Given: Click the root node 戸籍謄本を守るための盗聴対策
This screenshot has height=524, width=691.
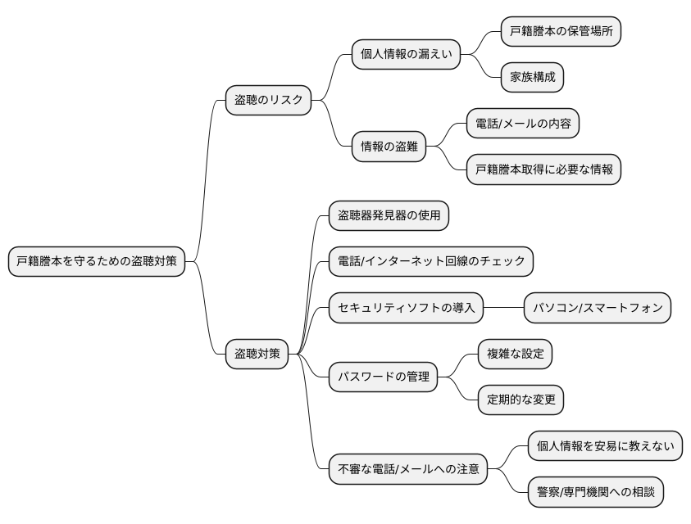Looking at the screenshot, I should [96, 262].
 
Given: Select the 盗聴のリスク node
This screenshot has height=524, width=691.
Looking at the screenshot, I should [268, 101].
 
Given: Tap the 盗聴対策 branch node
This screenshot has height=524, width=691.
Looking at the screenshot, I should [257, 354].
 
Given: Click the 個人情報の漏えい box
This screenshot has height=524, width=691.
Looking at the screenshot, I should [405, 55].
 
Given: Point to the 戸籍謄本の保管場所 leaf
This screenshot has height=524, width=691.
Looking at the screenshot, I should [561, 32].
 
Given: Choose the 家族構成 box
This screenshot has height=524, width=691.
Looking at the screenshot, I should [532, 78].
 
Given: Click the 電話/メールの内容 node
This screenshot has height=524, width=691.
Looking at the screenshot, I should [523, 124].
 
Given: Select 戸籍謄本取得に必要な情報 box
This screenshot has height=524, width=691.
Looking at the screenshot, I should [543, 170].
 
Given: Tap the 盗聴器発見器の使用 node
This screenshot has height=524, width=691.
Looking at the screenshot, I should [389, 216].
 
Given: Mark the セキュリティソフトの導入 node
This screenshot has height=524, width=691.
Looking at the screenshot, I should [405, 309].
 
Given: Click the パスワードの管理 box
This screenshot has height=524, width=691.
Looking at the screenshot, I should [383, 377].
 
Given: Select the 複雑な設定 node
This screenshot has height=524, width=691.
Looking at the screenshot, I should [515, 355].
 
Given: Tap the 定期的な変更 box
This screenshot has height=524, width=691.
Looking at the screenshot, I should [521, 400].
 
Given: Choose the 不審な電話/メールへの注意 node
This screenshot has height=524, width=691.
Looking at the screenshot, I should [407, 470].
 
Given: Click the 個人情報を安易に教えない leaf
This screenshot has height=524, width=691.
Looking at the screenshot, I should [605, 446].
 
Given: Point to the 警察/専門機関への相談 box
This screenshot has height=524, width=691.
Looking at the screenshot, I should [594, 493].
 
